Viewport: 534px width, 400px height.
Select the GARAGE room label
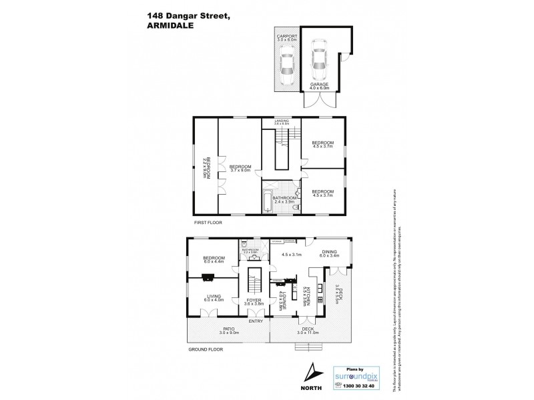319,85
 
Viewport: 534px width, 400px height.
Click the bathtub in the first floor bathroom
268,199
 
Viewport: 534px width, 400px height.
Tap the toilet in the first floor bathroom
294,210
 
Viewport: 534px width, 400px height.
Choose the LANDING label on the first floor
280,122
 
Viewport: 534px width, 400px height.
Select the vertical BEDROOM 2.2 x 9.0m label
207,167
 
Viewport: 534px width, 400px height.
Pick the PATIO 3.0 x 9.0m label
228,330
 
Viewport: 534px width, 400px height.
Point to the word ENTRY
255,321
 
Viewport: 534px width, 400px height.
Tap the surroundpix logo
354,376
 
